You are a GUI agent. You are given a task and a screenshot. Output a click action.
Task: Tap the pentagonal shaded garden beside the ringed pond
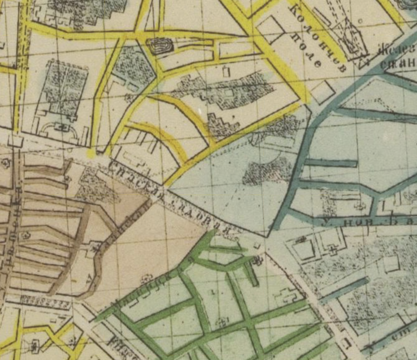click(134, 66)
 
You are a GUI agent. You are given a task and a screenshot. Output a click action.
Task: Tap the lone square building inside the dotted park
click(391, 264)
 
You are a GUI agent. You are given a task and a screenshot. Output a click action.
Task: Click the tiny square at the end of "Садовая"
click(257, 246)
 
